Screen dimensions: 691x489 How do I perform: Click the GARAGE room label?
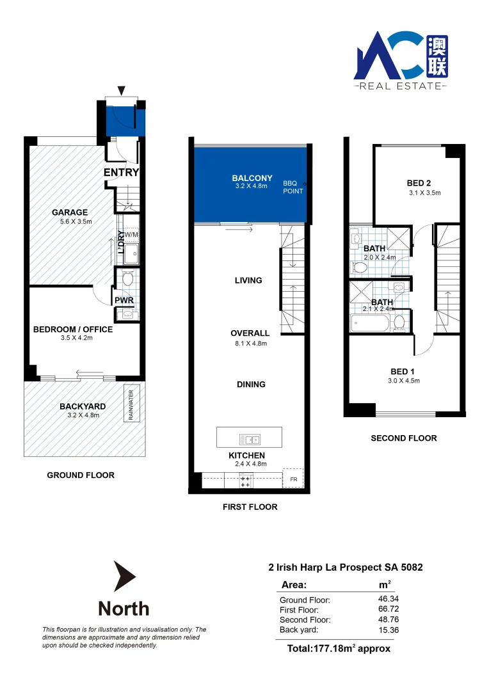(70, 212)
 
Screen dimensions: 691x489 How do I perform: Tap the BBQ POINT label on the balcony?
(294, 186)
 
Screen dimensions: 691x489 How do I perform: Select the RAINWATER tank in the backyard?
(131, 404)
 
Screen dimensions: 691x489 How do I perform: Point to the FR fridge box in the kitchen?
(294, 479)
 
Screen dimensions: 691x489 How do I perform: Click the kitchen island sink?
(249, 439)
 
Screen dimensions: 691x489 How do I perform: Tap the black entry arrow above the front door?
(122, 91)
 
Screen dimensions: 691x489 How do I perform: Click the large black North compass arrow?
(124, 576)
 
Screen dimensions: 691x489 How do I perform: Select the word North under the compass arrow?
(124, 608)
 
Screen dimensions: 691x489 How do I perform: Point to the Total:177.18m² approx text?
(339, 648)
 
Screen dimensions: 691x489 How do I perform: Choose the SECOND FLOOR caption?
(404, 438)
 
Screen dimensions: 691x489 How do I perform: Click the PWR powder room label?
(123, 299)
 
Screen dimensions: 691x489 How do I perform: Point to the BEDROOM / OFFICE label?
(73, 330)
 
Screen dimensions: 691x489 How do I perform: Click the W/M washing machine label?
(131, 235)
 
